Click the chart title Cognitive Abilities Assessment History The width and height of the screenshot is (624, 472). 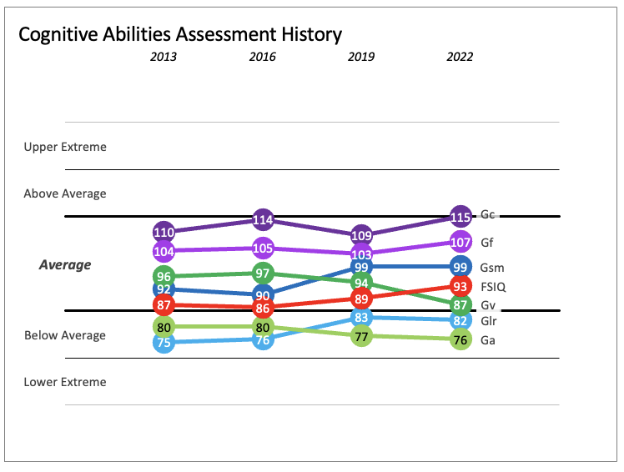[x=180, y=34]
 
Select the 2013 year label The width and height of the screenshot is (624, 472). [x=164, y=58]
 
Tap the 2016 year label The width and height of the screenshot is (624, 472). [x=263, y=58]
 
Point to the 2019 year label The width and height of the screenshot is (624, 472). [x=361, y=58]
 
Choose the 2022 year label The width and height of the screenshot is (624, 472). [x=460, y=58]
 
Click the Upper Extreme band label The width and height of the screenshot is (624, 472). [x=65, y=147]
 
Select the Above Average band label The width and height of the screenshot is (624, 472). [x=65, y=193]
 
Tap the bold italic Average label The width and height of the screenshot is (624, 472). [x=65, y=265]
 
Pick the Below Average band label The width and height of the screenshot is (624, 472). [x=65, y=335]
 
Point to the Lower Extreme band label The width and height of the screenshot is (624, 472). [x=65, y=382]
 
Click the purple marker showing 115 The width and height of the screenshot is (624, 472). [x=460, y=216]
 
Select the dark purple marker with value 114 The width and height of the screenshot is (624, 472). [x=263, y=220]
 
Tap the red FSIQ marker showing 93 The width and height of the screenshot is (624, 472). [x=460, y=287]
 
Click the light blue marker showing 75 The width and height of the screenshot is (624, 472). [x=164, y=342]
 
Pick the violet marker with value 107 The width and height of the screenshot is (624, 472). [x=460, y=243]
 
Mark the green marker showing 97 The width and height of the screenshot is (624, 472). [x=263, y=273]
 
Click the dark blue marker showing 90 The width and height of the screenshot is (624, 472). [x=263, y=295]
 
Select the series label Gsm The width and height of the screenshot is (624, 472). [x=492, y=268]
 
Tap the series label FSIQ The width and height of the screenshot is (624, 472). [x=493, y=287]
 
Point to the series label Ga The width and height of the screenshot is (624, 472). [x=488, y=339]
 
